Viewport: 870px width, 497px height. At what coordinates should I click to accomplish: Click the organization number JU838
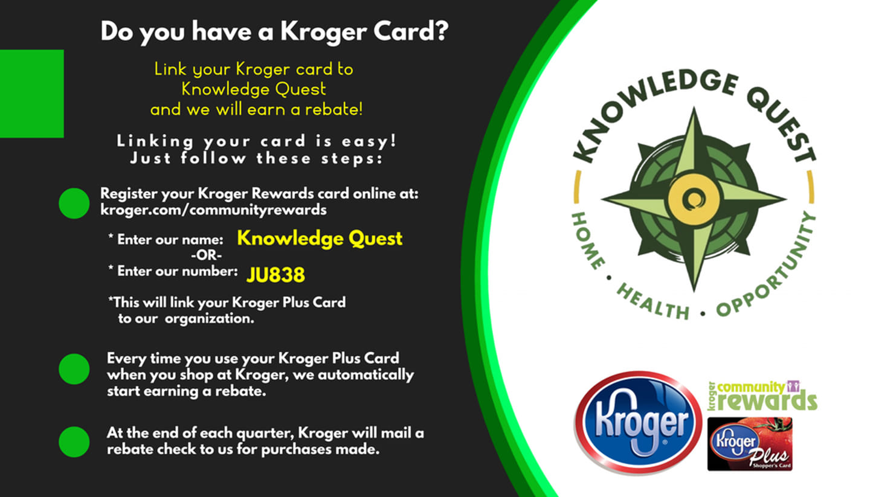click(x=275, y=275)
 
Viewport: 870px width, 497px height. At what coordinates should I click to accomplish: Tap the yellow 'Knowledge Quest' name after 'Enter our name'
click(x=320, y=239)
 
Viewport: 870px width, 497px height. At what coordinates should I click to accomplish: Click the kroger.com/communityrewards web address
click(x=213, y=210)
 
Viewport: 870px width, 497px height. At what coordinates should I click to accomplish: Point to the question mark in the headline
click(x=441, y=31)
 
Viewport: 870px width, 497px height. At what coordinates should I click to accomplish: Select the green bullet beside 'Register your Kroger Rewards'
click(x=74, y=203)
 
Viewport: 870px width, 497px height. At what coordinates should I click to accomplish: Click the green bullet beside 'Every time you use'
click(x=74, y=369)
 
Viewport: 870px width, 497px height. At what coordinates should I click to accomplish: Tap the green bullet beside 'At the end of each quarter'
click(x=74, y=442)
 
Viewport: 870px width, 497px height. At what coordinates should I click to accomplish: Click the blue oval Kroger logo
click(x=638, y=423)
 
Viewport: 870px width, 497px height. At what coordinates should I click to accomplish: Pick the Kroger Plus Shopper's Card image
click(x=750, y=444)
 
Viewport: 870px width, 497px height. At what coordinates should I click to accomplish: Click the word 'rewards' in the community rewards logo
click(x=767, y=401)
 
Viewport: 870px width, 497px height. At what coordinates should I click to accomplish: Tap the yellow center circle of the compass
click(x=694, y=199)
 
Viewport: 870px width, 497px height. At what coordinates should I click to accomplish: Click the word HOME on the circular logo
click(x=588, y=241)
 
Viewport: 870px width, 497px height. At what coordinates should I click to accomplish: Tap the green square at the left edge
click(x=32, y=94)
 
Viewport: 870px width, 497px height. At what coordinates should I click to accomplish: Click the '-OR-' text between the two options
click(x=206, y=255)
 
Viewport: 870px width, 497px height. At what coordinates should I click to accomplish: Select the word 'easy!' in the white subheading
click(x=369, y=141)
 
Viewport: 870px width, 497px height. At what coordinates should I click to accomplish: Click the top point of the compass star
click(x=694, y=108)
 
